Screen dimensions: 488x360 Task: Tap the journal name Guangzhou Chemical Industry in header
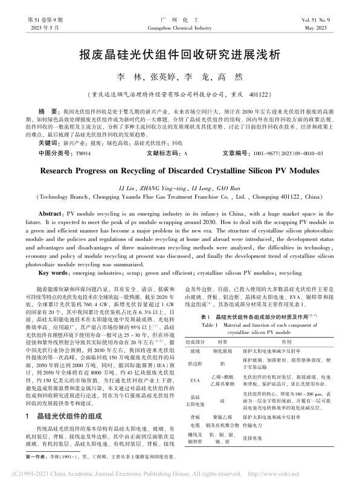pos(179,28)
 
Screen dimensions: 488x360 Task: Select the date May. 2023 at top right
pos(333,28)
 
